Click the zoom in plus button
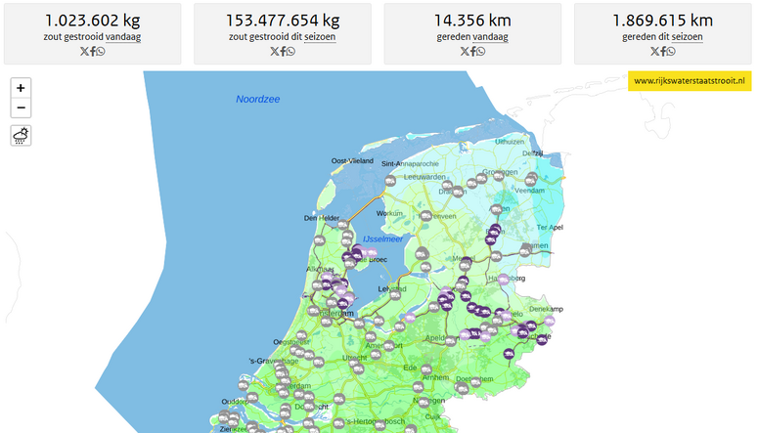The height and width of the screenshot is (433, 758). (x=21, y=88)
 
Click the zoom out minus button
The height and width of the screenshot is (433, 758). (x=21, y=108)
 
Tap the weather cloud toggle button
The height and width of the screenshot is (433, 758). (x=21, y=136)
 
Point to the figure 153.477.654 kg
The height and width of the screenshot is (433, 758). (x=283, y=21)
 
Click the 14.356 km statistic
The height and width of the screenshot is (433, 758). (x=472, y=21)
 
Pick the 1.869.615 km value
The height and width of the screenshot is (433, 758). (x=662, y=21)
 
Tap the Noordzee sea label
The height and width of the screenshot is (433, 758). (x=257, y=99)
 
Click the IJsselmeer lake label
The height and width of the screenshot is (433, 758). (x=383, y=239)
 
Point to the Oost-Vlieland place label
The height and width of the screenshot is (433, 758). (x=352, y=160)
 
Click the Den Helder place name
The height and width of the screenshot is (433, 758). (x=322, y=218)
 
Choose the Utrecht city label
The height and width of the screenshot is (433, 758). (x=354, y=359)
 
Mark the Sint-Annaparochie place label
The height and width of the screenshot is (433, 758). (x=410, y=163)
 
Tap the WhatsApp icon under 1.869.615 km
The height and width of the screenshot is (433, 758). (x=672, y=52)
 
